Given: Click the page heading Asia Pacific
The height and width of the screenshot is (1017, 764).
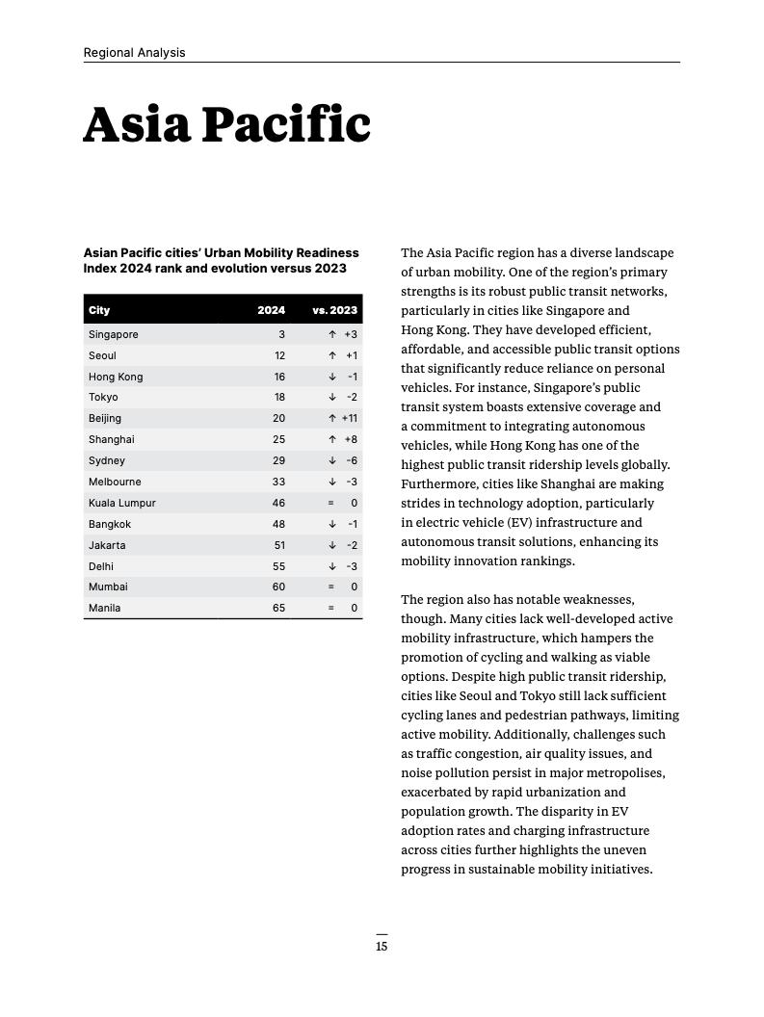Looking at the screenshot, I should tap(226, 125).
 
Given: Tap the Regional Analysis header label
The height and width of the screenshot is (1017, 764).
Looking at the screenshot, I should tap(134, 53).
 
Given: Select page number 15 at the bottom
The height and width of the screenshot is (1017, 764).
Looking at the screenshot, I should tap(382, 947).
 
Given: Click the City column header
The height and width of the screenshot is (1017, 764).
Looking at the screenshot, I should tap(99, 310).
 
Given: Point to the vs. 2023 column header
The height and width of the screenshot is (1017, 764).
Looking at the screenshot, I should tap(334, 310).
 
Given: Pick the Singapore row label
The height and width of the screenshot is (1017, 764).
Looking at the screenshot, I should tap(114, 334).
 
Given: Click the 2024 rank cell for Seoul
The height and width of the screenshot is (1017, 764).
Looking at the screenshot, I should tap(279, 355).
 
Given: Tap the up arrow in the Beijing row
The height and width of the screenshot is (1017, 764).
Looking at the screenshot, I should tap(332, 418).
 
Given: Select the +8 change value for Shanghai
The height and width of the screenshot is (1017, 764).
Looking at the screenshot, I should tap(351, 439).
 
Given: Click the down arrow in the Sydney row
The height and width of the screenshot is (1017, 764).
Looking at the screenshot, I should tap(332, 460).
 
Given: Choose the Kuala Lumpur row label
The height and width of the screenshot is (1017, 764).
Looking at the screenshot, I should tap(122, 503).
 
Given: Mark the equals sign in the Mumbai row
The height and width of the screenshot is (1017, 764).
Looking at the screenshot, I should tap(331, 587).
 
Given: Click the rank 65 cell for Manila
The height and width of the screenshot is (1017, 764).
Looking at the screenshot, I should tap(278, 608).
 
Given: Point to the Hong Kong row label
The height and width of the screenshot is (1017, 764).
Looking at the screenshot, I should tap(116, 377).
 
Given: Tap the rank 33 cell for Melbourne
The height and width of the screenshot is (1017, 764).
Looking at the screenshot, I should tap(278, 482).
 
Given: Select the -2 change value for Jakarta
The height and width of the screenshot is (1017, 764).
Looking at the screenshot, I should tap(352, 545).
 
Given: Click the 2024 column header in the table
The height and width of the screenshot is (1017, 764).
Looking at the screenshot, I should tap(271, 310).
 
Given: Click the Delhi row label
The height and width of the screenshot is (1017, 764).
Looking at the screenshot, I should tap(101, 566).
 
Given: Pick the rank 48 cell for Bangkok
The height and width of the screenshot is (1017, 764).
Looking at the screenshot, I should tap(278, 524).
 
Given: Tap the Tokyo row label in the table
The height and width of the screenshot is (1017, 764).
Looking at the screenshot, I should tap(103, 397).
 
